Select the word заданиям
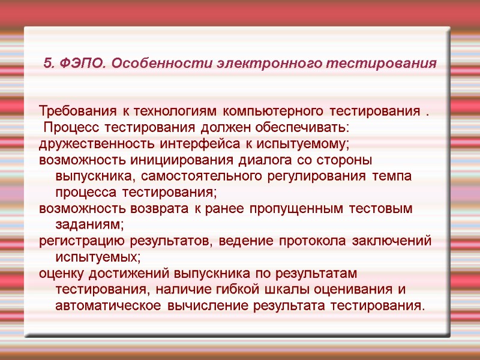89,225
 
